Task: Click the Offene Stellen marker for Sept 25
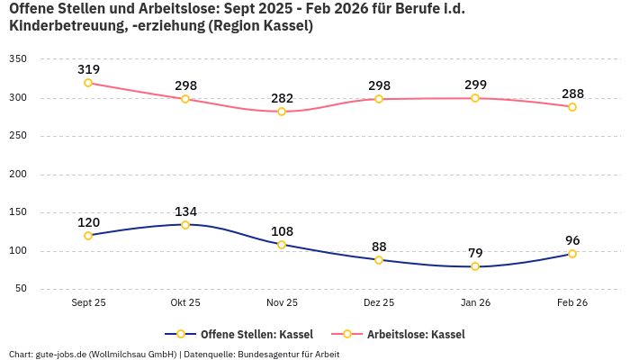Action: point(88,236)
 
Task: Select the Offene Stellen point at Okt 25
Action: point(185,225)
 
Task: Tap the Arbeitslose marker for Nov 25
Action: point(282,112)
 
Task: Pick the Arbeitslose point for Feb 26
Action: point(572,107)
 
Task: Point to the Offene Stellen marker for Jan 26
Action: point(475,266)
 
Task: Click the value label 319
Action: point(88,69)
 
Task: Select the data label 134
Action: point(185,211)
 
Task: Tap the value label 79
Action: point(475,253)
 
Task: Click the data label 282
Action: point(282,98)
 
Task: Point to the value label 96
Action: point(572,240)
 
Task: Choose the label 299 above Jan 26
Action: point(475,85)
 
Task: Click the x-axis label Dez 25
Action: point(379,303)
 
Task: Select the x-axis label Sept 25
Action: point(88,303)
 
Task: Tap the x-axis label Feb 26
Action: point(572,303)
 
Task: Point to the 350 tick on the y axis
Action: point(18,59)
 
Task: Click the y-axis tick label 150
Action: point(18,212)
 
